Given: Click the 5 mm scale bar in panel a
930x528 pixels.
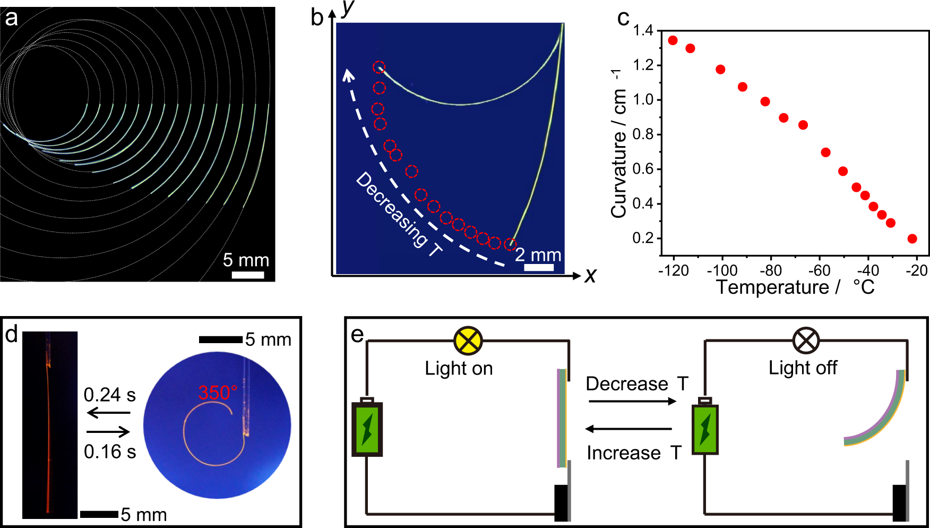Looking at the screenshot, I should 248,275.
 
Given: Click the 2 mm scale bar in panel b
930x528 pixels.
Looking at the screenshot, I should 538,267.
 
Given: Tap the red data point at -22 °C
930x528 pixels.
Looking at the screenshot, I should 912,239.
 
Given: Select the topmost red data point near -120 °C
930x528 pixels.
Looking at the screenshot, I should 673,40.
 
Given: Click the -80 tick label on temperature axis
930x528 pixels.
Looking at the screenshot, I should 770,270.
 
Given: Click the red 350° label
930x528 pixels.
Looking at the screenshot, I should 217,393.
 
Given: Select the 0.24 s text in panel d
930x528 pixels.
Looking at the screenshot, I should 109,395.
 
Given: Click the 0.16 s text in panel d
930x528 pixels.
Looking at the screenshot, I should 110,452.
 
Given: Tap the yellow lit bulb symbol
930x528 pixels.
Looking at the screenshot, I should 468,340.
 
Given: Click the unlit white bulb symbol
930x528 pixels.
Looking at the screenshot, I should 806,340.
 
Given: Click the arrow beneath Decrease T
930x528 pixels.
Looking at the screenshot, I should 632,401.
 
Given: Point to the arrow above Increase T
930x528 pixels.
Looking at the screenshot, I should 628,429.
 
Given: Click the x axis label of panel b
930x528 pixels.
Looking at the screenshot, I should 590,275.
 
